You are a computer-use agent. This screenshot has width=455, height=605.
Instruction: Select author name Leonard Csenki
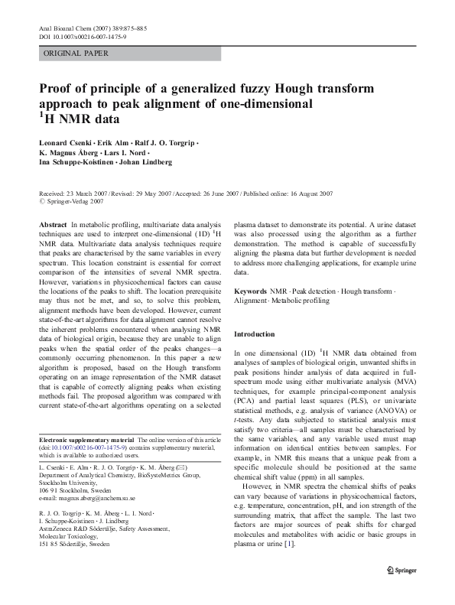click(x=67, y=142)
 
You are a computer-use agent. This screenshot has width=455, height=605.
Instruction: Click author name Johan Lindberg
click(x=144, y=161)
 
